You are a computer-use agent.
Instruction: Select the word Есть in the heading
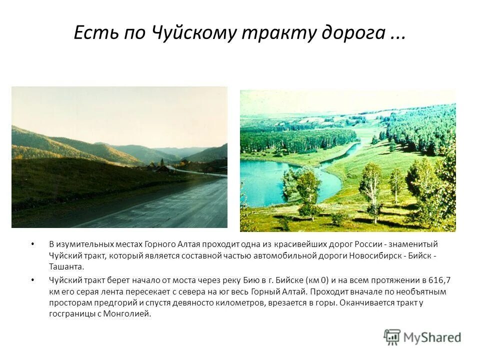coord(94,33)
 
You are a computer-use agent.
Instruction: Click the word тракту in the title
coord(276,33)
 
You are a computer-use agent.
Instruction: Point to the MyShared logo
coord(422,337)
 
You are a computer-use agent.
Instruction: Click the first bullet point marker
coord(33,244)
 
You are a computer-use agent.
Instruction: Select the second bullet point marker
coord(33,280)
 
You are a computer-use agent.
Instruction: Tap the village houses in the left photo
coord(165,167)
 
